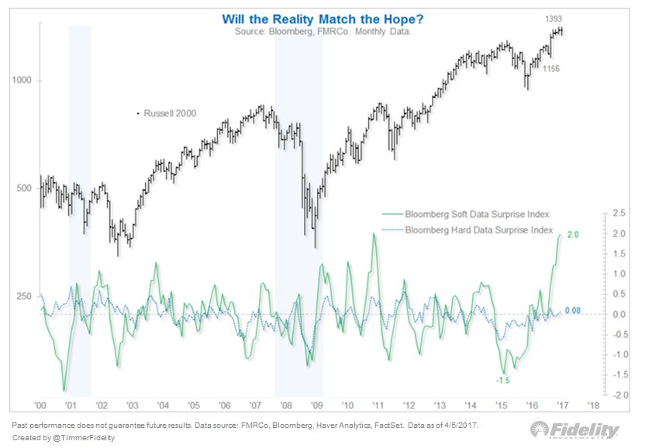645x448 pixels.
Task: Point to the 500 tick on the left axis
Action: coord(23,188)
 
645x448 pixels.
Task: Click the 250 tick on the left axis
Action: coord(23,297)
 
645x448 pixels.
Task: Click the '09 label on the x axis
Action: coord(316,405)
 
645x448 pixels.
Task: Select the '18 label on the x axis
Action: coord(593,405)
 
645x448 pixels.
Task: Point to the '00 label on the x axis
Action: coord(40,405)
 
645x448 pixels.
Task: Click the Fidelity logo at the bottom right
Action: coord(574,431)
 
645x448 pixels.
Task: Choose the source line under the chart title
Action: coord(322,33)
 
